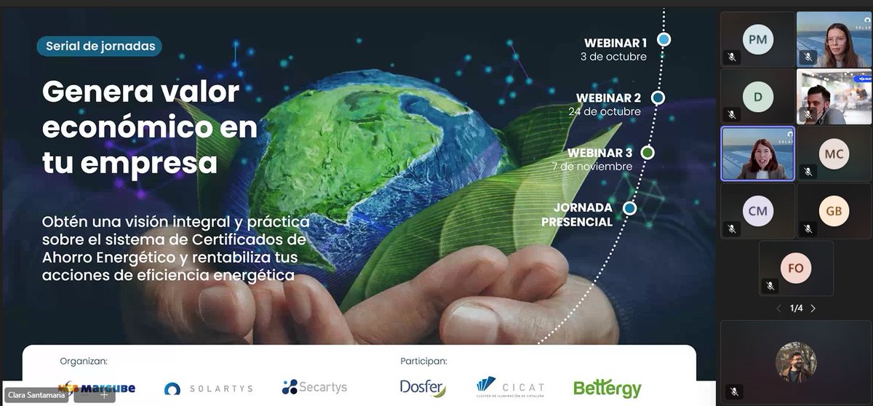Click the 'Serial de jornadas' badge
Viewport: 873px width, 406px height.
point(100,47)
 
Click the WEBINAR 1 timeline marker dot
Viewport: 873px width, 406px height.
point(663,39)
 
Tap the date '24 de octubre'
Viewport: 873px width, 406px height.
point(605,111)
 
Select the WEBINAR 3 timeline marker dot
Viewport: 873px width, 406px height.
point(647,153)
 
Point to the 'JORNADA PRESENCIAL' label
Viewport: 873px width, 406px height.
point(578,215)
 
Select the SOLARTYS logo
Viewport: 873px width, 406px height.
point(208,389)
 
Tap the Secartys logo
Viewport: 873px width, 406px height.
point(314,387)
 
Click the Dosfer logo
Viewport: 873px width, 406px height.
point(423,388)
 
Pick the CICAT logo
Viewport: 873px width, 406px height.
point(510,387)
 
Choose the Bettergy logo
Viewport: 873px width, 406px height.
point(607,389)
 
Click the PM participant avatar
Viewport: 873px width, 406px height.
point(757,40)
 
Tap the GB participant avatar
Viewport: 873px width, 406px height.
point(833,210)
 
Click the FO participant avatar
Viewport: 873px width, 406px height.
point(795,268)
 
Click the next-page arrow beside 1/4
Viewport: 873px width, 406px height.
point(813,309)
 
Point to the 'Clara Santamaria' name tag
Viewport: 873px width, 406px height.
point(36,396)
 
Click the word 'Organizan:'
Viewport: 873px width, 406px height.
point(84,361)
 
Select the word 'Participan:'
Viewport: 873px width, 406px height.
point(423,361)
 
